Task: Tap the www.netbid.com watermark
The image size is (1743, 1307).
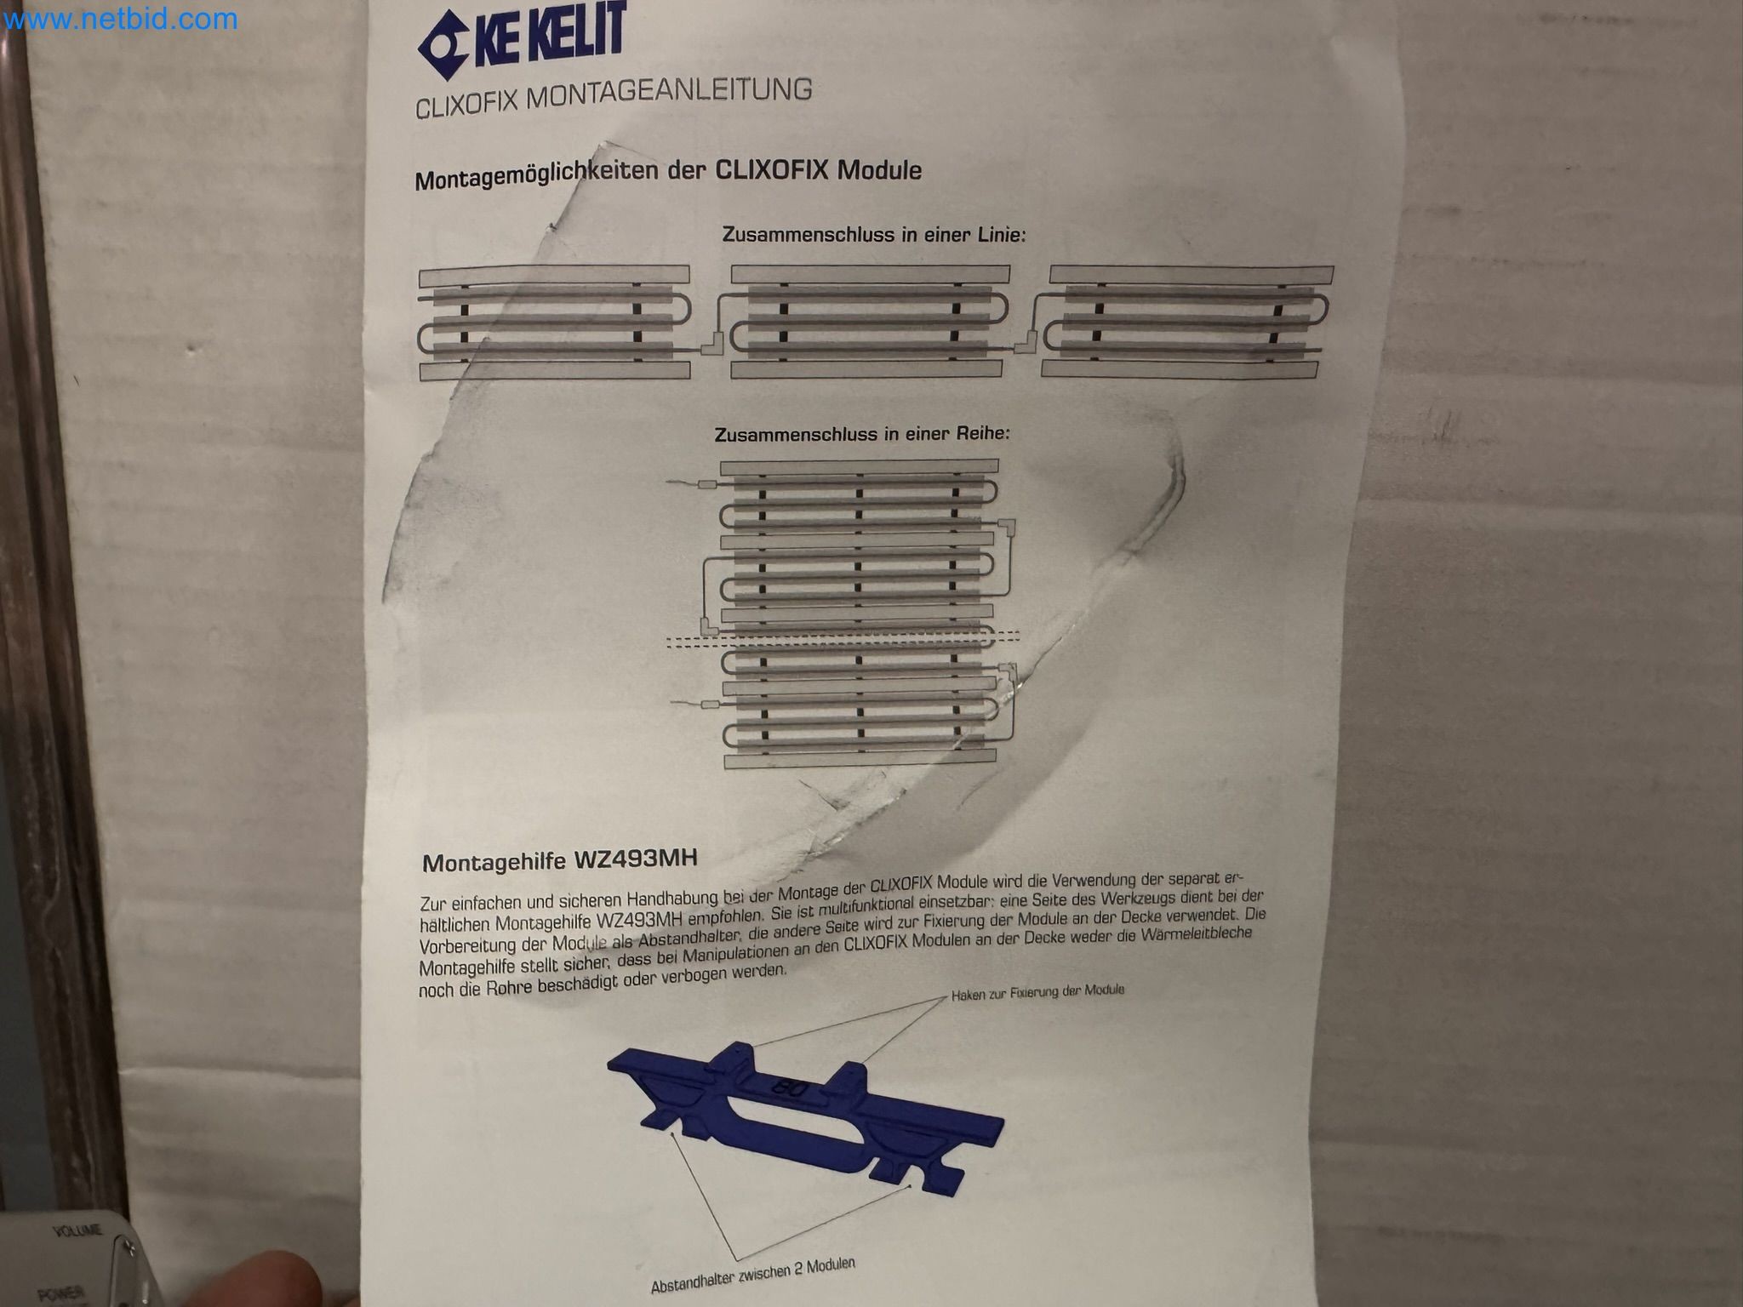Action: (x=119, y=19)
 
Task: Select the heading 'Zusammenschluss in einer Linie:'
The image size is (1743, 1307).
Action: (x=874, y=234)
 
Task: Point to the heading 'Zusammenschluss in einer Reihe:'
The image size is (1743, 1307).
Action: (x=862, y=434)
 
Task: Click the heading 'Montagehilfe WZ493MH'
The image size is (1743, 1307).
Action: (x=560, y=860)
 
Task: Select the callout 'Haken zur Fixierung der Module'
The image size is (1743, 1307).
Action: (x=1037, y=992)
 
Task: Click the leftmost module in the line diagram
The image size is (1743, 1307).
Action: (x=554, y=322)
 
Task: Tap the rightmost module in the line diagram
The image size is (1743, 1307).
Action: (x=1183, y=322)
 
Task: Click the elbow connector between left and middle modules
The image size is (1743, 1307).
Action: (x=711, y=345)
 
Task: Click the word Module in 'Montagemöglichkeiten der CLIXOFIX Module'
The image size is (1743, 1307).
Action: (x=880, y=170)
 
